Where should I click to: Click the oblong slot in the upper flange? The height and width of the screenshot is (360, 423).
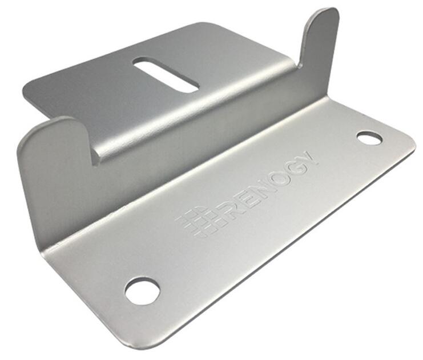click(166, 74)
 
